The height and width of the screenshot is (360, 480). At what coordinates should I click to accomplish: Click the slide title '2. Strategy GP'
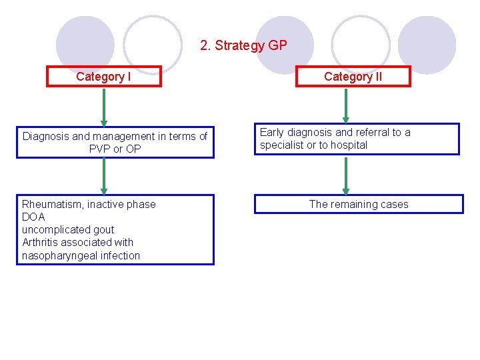pyautogui.click(x=243, y=46)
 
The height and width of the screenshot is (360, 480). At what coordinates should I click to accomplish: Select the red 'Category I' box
pyautogui.click(x=103, y=77)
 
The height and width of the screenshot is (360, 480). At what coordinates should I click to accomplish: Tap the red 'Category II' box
pyautogui.click(x=353, y=77)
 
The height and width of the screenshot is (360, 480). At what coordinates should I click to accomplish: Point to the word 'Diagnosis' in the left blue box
pyautogui.click(x=45, y=136)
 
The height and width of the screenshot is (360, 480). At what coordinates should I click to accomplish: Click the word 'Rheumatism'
pyautogui.click(x=53, y=205)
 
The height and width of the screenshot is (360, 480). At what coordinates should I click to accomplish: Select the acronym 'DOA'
pyautogui.click(x=33, y=217)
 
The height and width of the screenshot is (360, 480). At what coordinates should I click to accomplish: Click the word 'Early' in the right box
pyautogui.click(x=272, y=133)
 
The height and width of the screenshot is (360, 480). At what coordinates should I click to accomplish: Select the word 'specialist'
pyautogui.click(x=282, y=145)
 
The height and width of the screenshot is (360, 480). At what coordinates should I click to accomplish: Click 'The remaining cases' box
pyautogui.click(x=359, y=205)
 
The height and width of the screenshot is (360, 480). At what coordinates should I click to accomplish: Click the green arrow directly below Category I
pyautogui.click(x=103, y=107)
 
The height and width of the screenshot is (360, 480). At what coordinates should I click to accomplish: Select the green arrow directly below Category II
pyautogui.click(x=345, y=105)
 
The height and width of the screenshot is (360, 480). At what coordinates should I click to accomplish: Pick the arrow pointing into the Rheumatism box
pyautogui.click(x=103, y=177)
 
